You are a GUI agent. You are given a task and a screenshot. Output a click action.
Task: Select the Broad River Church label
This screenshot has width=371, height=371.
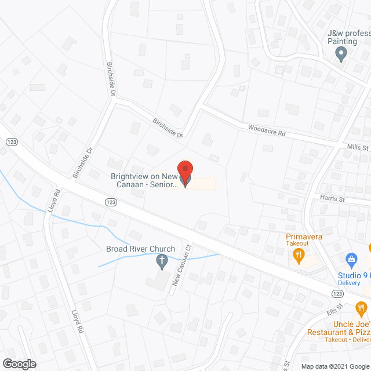tap(140, 249)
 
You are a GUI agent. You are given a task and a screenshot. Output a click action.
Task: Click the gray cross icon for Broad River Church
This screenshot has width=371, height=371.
tap(162, 263)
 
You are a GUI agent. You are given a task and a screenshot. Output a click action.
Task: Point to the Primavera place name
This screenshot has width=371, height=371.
tap(303, 237)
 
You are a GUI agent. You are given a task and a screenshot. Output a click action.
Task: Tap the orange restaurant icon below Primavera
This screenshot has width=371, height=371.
tap(299, 256)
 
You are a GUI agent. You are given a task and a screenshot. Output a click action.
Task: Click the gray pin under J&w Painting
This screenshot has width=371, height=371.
tap(341, 55)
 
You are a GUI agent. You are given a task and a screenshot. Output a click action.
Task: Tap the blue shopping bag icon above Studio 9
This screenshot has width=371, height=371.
tap(350, 259)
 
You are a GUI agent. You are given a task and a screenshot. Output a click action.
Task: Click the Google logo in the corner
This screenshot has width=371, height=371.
tap(19, 363)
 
